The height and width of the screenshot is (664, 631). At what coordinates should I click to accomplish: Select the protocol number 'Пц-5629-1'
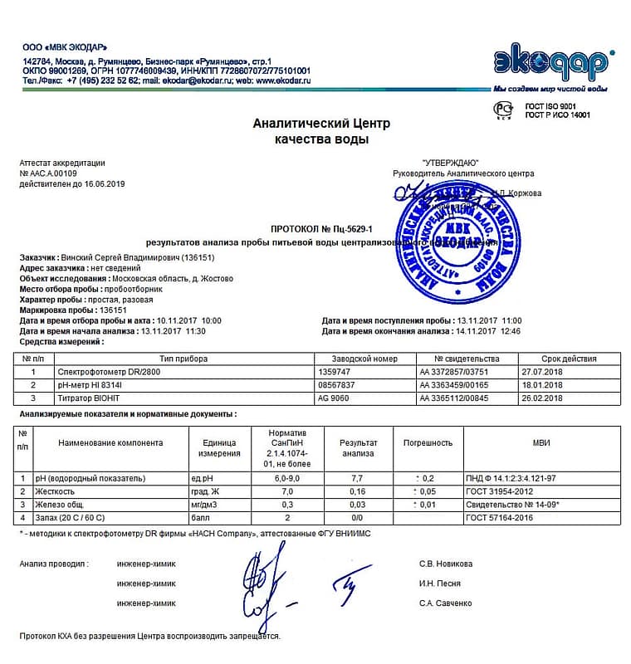[348, 228]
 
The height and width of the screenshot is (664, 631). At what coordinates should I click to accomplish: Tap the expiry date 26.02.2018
[542, 398]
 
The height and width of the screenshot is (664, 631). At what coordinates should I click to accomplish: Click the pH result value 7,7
[358, 478]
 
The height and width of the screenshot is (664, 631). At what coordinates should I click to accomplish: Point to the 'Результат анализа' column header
[358, 448]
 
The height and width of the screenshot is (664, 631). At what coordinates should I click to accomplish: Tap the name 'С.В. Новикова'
[446, 564]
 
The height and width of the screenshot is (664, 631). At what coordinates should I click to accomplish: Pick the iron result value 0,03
[358, 505]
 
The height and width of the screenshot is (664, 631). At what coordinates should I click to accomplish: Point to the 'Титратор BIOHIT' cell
[84, 398]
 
